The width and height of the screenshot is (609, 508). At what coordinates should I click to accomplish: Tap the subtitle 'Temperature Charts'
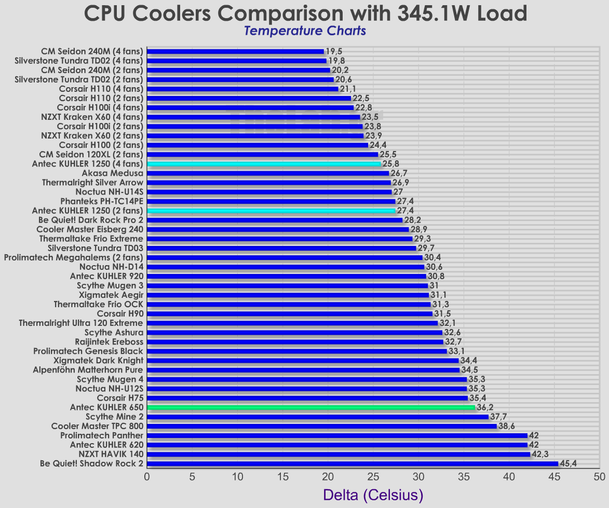click(x=305, y=31)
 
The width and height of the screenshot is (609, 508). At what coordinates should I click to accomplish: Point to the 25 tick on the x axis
click(x=373, y=476)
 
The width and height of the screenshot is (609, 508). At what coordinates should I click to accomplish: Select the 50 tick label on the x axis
click(x=600, y=476)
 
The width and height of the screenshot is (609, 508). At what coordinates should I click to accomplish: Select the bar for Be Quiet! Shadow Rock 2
click(x=353, y=463)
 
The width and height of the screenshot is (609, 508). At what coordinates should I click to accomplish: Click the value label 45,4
click(x=568, y=463)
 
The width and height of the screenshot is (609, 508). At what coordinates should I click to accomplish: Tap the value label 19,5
click(x=334, y=51)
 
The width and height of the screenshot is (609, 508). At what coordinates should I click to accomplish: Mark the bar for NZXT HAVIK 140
click(x=339, y=454)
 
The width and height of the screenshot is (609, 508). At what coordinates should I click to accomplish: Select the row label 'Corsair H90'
click(x=120, y=313)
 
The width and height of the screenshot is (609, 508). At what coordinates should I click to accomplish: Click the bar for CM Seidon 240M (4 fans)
click(x=236, y=51)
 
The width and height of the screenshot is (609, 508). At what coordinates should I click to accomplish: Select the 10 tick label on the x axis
click(x=238, y=476)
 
